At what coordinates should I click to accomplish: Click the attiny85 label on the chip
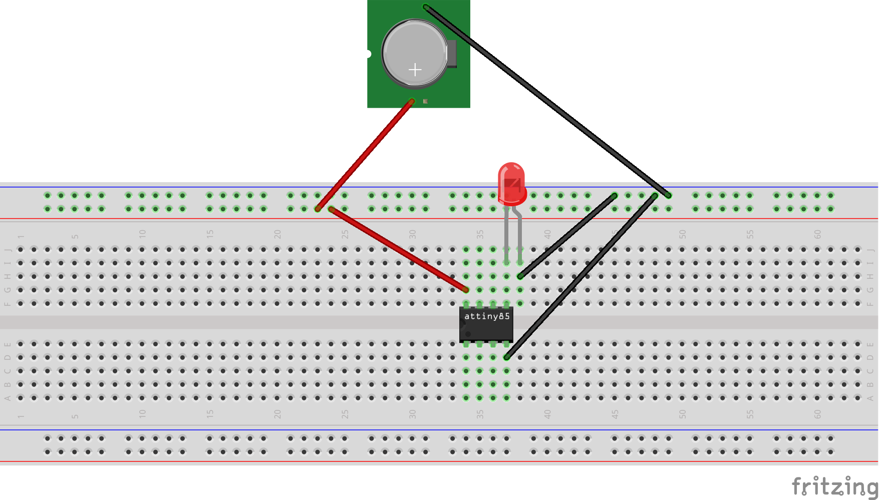(487, 316)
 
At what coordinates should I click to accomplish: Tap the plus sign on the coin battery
(415, 70)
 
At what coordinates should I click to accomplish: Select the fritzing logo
(834, 486)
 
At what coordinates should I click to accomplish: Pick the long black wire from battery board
(546, 100)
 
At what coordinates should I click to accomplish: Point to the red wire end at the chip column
(466, 289)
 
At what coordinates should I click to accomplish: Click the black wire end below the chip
(506, 357)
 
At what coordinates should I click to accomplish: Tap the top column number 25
(345, 234)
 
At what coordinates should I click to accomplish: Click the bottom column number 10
(143, 414)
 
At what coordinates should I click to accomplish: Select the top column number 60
(817, 234)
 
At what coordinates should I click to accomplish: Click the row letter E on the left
(8, 344)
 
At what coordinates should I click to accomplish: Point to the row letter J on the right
(870, 249)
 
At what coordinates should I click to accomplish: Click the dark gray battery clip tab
(452, 53)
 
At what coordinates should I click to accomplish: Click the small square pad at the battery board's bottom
(425, 101)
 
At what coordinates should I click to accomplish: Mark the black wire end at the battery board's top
(426, 7)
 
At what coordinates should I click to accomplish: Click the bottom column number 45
(615, 414)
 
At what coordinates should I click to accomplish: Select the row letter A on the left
(8, 398)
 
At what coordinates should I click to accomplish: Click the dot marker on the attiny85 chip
(468, 334)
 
